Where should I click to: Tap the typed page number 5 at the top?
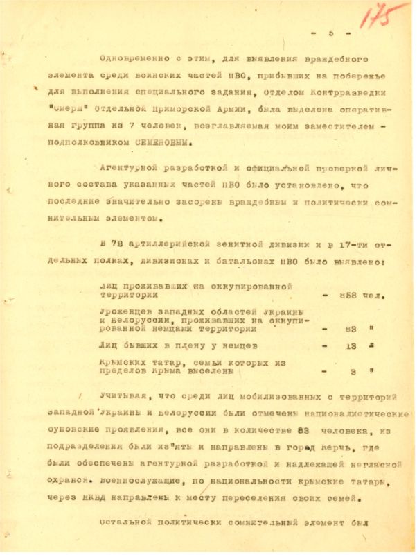tap(331, 33)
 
